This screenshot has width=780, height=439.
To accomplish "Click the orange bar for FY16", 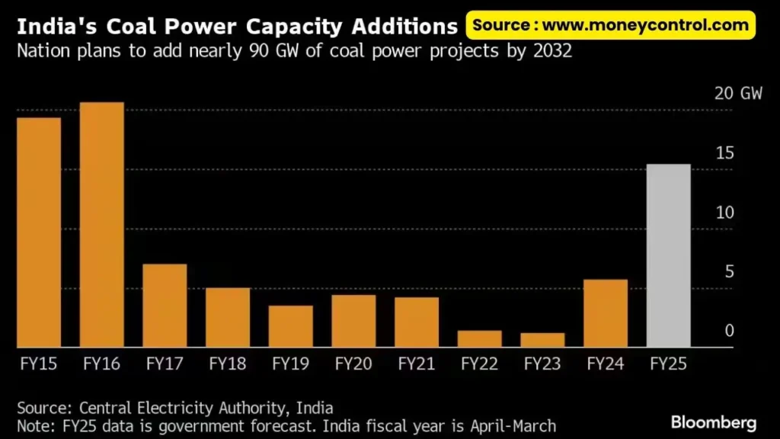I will pos(102,225).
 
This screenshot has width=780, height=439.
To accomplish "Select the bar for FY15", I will pos(39,232).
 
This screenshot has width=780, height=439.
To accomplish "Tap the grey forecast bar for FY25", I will pos(668,256).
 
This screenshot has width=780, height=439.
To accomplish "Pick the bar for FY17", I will pos(165,306).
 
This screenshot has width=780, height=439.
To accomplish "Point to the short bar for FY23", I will pos(542,340).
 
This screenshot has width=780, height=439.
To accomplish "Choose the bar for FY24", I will pos(606,313).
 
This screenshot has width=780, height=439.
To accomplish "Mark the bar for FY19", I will pos(290,326).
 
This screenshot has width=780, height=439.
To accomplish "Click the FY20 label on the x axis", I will pos(353,364).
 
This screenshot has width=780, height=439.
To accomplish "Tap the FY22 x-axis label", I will pos(479,364).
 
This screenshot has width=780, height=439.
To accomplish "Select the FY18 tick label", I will pos(228,364).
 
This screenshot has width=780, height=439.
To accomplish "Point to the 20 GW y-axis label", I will pos(737,94).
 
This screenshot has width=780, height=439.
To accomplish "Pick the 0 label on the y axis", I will pos(729,331).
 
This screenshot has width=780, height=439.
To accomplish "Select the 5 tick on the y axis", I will pos(729,271).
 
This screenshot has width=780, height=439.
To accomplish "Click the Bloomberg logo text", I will pos(714,421).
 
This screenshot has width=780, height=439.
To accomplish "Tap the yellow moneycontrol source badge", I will pos(610,25).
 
